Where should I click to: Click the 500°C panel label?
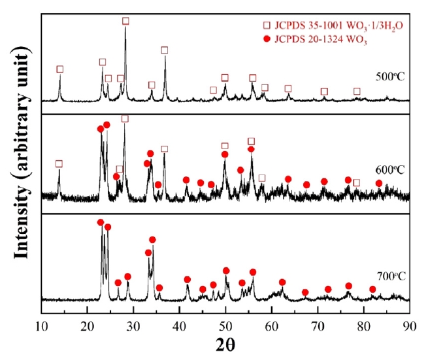pos(390,76)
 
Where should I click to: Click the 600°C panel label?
pos(390,171)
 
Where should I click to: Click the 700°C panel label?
pos(390,275)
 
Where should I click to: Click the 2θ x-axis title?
pos(225,344)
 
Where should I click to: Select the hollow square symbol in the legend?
pos(266,25)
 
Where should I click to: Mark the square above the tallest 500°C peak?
pos(125,21)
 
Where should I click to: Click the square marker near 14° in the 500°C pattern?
pos(60,69)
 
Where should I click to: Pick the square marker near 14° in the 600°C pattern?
pos(59,164)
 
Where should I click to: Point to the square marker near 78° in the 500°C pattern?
pos(357,91)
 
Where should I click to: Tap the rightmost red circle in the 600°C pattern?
pos(379,183)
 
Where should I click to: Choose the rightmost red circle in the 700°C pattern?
pos(372,289)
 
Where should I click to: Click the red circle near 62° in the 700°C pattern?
pos(282,282)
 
